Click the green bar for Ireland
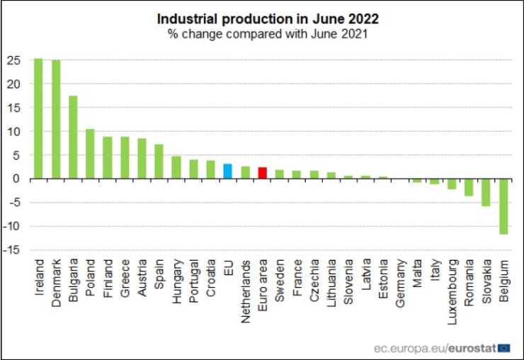38,118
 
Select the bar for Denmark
55,119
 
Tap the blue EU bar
227,171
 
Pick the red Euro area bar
262,173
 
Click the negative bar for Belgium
503,206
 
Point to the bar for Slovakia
486,192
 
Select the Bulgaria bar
72,137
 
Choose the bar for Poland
90,154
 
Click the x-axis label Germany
400,282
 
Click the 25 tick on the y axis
13,60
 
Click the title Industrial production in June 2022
261,18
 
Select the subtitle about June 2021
261,33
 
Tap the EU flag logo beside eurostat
504,347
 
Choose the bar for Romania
469,187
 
